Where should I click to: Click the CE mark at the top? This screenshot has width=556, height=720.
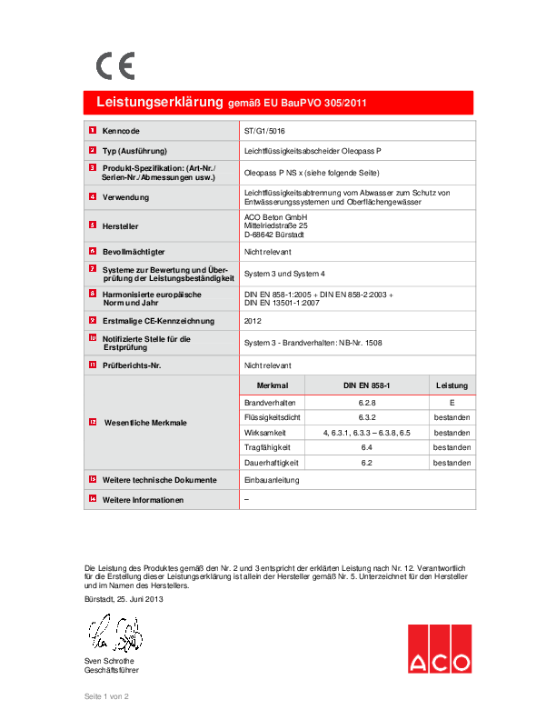coord(115,65)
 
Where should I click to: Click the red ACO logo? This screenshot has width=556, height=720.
coord(439,649)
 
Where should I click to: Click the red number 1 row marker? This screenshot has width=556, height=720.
coord(93,131)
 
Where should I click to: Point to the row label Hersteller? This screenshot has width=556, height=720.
coord(121,225)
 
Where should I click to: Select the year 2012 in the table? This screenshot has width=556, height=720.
coord(253,321)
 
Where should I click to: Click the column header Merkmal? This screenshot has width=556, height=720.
coord(273,386)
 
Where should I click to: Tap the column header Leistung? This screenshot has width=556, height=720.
coord(452,386)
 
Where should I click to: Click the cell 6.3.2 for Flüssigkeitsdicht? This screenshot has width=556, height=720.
coord(367,417)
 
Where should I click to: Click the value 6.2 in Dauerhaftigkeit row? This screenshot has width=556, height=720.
coord(367,463)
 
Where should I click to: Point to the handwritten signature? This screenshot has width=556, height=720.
coord(114,631)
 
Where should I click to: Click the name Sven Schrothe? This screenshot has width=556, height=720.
coord(109,660)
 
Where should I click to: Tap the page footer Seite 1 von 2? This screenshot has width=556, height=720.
coord(107,695)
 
